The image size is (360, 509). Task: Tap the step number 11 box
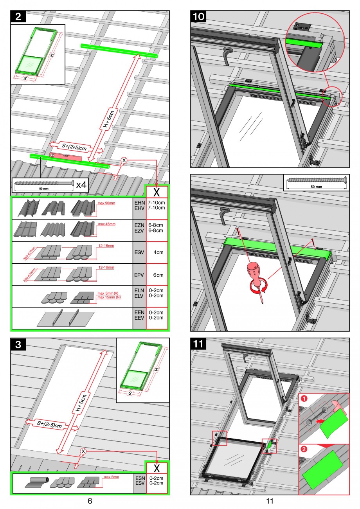[198, 344]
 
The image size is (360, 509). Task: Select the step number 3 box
[19, 344]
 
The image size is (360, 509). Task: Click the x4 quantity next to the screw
[81, 185]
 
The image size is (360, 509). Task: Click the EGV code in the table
[139, 253]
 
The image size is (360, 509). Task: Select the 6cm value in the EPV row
[158, 275]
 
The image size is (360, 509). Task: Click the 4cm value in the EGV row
[158, 253]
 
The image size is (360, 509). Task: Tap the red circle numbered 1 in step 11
[304, 399]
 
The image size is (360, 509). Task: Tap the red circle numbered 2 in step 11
[304, 450]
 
